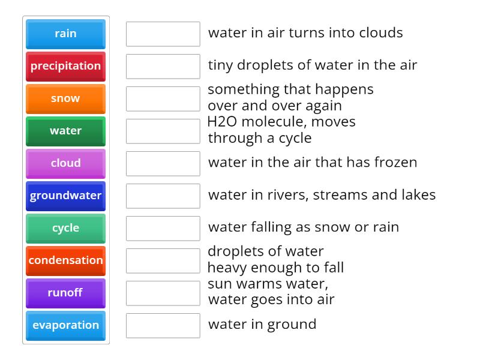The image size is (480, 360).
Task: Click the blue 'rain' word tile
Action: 65,34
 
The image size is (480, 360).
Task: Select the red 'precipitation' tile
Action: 65,66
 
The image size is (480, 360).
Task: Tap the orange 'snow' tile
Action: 65,98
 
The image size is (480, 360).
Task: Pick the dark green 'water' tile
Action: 65,131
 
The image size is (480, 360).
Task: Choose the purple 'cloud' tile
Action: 65,163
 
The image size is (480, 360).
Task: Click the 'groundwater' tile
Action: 65,196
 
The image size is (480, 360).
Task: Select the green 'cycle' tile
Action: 65,228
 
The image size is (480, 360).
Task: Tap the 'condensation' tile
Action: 65,260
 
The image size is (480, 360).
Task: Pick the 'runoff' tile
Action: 65,293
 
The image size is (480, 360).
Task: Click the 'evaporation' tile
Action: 65,325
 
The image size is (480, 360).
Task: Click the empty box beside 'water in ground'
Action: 163,325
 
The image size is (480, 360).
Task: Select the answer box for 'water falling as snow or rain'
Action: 163,228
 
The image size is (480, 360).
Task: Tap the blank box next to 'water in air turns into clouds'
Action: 163,34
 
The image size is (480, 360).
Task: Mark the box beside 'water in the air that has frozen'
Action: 163,163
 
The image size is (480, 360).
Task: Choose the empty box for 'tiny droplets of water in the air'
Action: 163,66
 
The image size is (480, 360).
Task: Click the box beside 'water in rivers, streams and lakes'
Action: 163,196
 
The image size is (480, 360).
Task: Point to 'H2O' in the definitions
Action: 220,122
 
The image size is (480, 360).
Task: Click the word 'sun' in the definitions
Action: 218,284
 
